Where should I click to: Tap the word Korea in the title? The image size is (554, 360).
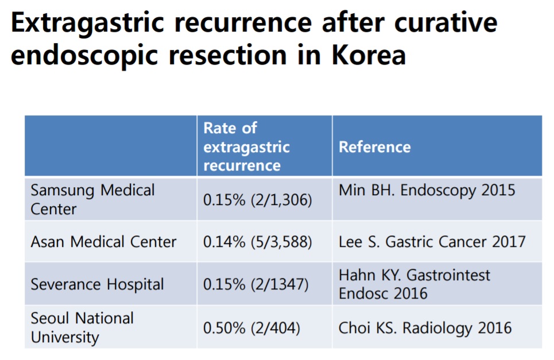pyautogui.click(x=369, y=55)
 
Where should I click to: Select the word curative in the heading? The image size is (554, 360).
pyautogui.click(x=445, y=22)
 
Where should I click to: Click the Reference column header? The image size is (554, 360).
pyautogui.click(x=374, y=147)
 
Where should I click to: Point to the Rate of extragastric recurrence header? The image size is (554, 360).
pyautogui.click(x=247, y=146)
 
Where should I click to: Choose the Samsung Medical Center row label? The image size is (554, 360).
pyautogui.click(x=92, y=200)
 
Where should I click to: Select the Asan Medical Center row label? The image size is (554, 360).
pyautogui.click(x=103, y=242)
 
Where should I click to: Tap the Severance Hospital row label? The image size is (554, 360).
pyautogui.click(x=97, y=285)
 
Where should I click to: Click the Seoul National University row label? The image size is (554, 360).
pyautogui.click(x=82, y=327)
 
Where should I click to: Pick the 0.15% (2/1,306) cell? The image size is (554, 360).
pyautogui.click(x=258, y=200)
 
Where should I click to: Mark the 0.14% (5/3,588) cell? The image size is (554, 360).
pyautogui.click(x=258, y=242)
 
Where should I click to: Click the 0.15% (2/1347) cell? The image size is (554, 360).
pyautogui.click(x=256, y=284)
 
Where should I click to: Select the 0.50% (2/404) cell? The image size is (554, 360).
pyautogui.click(x=251, y=328)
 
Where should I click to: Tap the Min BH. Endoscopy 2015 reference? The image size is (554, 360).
pyautogui.click(x=427, y=191)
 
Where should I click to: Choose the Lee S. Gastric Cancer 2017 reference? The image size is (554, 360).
pyautogui.click(x=432, y=242)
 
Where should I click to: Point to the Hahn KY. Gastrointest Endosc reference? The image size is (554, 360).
pyautogui.click(x=414, y=284)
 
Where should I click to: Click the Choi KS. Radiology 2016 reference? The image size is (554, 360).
pyautogui.click(x=425, y=328)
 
